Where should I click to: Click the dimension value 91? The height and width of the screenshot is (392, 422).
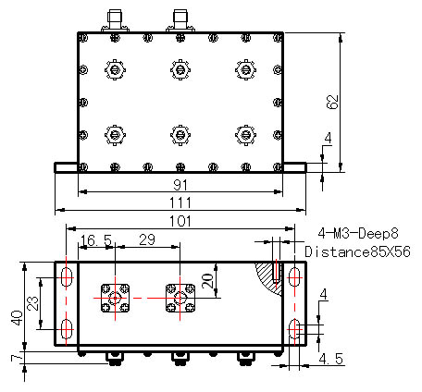coord(180,185)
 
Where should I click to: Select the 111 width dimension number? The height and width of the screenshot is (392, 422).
coord(180,202)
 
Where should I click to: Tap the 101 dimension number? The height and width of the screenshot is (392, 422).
coord(180,221)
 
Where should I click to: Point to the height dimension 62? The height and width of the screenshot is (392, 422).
coord(332,102)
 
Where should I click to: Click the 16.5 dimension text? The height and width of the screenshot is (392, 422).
coord(95,240)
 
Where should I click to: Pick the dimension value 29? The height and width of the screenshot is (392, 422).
coord(147,239)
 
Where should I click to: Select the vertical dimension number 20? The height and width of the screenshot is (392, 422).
coord(208,280)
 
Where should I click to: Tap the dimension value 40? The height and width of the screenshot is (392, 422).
coord(17,318)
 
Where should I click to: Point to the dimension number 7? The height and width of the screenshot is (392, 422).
coord(17,358)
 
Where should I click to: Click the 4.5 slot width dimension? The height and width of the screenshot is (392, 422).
coord(331,359)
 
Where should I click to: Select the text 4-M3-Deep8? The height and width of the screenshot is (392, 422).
coord(358,233)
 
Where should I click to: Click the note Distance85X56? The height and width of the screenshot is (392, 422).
coord(358,251)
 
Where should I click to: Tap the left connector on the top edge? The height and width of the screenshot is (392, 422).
coord(115,20)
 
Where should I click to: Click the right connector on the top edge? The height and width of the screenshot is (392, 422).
coord(180,20)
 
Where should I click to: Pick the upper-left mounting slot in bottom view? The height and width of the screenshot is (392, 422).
coord(67,277)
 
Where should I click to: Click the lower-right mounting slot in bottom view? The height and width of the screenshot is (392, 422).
coord(294,329)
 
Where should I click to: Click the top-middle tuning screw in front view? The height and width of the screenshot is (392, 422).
coord(180,69)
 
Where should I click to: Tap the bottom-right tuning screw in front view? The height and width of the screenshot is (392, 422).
coord(245,135)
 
